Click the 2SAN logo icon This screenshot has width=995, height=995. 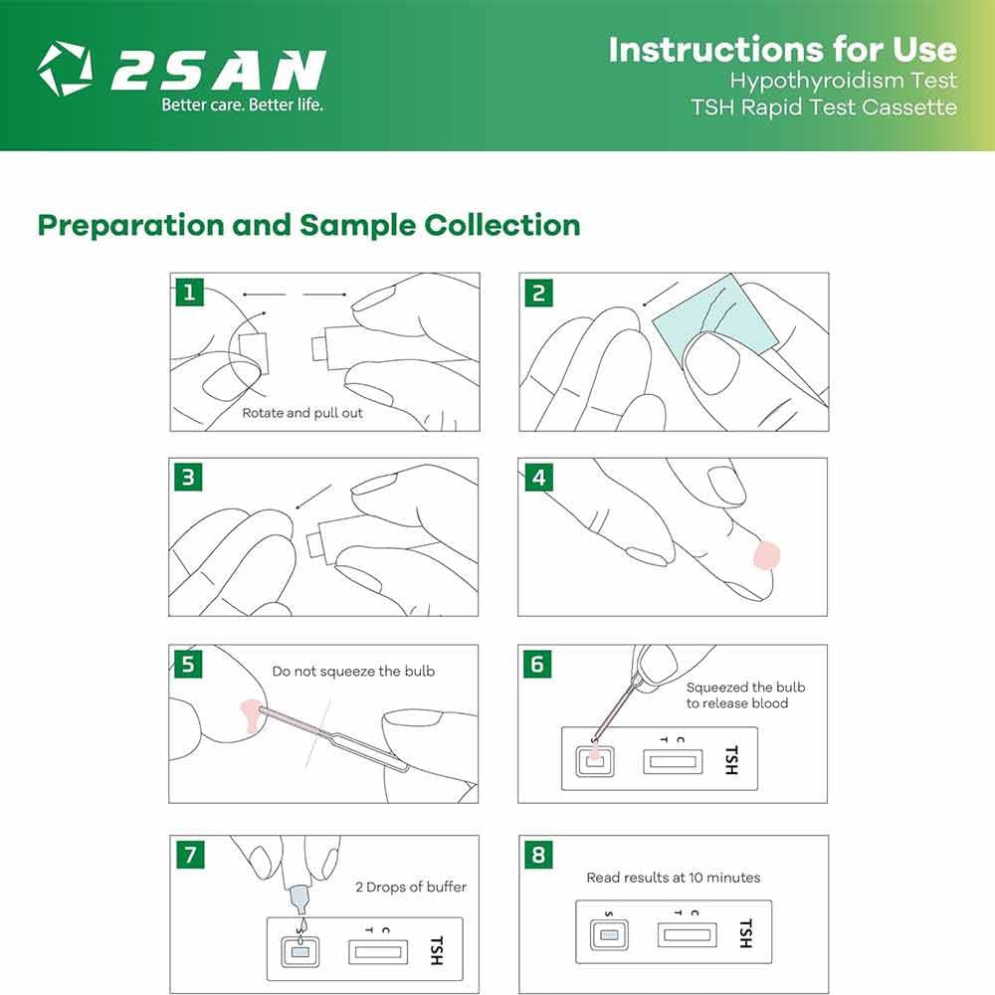point(65,69)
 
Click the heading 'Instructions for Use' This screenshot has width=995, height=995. point(782,49)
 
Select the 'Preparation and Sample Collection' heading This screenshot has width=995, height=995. point(308,225)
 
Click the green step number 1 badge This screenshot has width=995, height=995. point(188,293)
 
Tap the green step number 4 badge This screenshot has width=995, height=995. point(538,478)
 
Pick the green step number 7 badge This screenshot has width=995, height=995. point(188,855)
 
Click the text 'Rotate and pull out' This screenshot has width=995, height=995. point(302,413)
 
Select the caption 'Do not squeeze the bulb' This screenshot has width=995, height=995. point(353,672)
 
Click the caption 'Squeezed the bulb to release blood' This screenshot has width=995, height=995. point(745,696)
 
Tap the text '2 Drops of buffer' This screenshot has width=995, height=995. point(411,887)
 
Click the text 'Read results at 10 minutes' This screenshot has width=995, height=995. point(673,878)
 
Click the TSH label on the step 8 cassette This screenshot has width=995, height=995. point(744,933)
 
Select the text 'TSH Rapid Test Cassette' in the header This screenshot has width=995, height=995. point(823,107)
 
